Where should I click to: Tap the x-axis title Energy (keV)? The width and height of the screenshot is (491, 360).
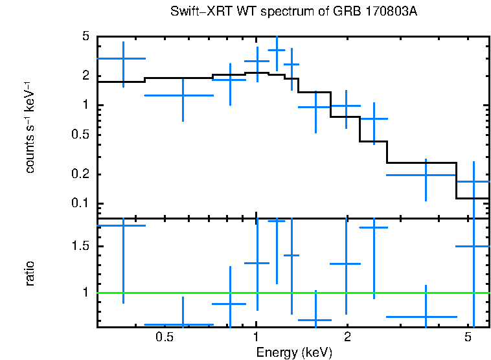[294, 352]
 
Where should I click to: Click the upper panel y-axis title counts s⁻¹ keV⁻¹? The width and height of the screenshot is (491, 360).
[30, 128]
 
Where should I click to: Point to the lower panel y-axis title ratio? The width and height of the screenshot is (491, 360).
[30, 273]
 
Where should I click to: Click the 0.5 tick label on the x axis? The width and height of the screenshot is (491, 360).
[165, 337]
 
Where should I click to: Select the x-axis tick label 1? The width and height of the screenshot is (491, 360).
[257, 337]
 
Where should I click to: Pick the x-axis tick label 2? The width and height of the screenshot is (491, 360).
[347, 337]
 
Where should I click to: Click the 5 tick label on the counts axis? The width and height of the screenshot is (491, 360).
[85, 37]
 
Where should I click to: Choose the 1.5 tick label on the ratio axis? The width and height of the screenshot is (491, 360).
[81, 247]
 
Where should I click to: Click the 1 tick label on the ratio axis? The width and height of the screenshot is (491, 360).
[85, 293]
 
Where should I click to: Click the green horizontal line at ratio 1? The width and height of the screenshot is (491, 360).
[291, 293]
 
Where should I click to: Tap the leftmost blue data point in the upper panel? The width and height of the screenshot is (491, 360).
[123, 58]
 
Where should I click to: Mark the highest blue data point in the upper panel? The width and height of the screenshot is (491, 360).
[277, 50]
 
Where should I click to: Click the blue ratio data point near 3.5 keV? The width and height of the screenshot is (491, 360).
[426, 317]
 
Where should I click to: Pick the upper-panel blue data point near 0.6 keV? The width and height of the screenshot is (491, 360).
[183, 95]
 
